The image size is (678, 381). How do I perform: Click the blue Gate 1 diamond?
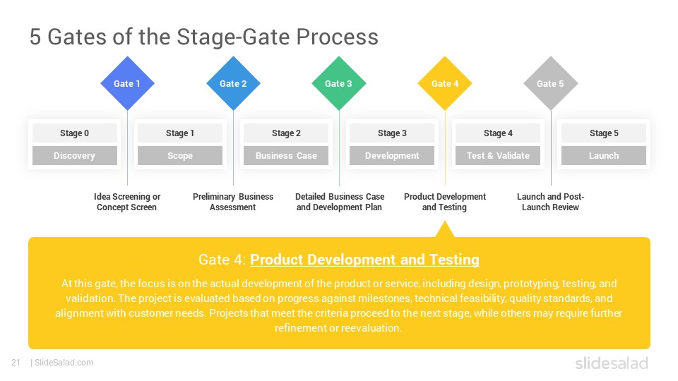[127, 83]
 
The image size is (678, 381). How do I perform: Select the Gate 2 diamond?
[233, 83]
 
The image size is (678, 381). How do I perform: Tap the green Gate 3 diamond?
[339, 83]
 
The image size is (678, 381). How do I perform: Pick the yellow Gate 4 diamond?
[445, 83]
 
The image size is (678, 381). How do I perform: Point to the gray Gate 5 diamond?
[551, 83]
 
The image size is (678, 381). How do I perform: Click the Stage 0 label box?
[74, 133]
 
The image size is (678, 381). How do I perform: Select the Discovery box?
[74, 156]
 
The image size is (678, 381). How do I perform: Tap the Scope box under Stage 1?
[180, 156]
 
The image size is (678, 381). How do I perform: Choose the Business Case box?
[286, 156]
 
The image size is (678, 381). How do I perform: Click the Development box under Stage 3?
[392, 156]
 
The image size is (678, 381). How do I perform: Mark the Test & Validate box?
[498, 156]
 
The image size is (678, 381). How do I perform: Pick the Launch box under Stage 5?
[604, 156]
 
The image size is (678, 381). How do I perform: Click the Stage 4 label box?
[498, 133]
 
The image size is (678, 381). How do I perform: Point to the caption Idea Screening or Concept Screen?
[127, 202]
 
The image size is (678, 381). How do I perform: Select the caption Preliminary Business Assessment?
[233, 202]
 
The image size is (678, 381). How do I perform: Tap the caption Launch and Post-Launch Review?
[551, 202]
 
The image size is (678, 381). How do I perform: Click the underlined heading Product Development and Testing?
[364, 260]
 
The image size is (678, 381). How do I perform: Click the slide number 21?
[16, 363]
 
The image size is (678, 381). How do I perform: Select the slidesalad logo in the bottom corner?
[611, 363]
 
